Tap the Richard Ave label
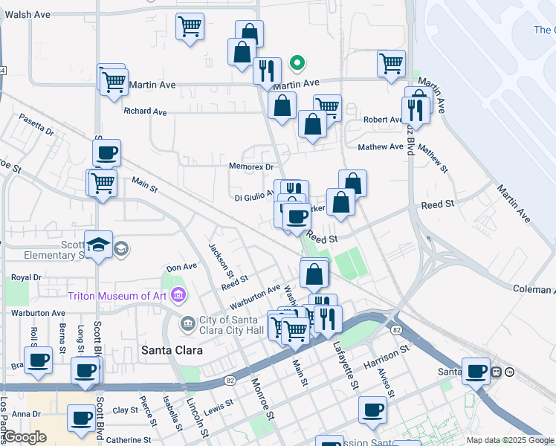146,111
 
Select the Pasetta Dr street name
37,125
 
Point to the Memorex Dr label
251,167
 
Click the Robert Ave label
383,120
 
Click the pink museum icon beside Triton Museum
178,296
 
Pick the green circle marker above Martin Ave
297,64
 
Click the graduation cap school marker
98,245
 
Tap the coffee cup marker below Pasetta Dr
106,153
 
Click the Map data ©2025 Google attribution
509,440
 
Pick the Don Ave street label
181,267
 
